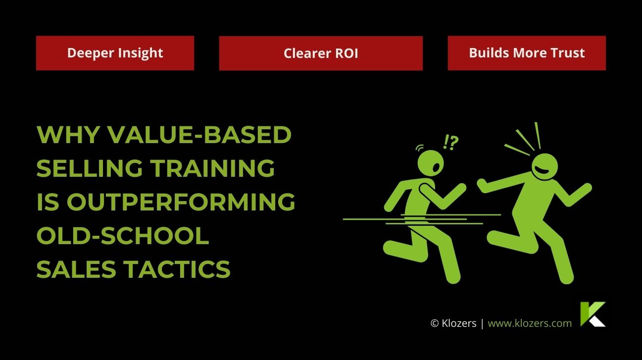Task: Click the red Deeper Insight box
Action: point(115,53)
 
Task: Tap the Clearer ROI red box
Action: point(321,53)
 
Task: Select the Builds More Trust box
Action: point(527,53)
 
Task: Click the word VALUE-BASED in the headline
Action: point(199,134)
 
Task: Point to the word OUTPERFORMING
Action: point(181,202)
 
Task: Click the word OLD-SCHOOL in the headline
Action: point(123,236)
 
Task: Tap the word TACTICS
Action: point(178,269)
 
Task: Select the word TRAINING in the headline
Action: point(213,168)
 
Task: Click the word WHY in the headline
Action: point(68,134)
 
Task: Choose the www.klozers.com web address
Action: point(530,323)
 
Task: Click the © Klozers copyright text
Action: point(453,323)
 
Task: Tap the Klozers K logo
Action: point(593,314)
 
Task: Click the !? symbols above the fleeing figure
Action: point(450,143)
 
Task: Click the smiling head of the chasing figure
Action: point(545,167)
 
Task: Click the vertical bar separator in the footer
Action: point(482,323)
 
